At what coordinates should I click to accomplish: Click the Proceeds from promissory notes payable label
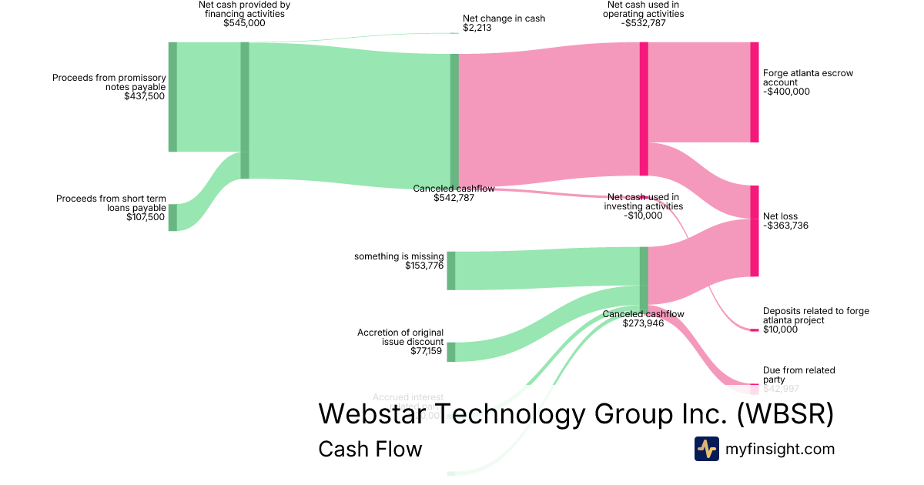tap(109, 82)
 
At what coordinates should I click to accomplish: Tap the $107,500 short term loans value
tap(146, 217)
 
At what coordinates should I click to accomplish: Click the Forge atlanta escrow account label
tap(808, 78)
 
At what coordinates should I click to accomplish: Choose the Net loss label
tap(780, 216)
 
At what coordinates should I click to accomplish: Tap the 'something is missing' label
tap(399, 256)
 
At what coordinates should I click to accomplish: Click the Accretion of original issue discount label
tap(400, 337)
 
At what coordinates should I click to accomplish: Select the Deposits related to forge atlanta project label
tap(815, 316)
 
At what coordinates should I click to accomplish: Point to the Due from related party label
tap(798, 375)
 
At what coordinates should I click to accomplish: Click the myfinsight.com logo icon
tap(706, 449)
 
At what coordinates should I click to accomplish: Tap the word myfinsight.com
tap(780, 449)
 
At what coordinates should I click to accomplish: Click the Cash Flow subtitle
tap(370, 449)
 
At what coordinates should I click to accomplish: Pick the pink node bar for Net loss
tap(754, 231)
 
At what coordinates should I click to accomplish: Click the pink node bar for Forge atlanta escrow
tap(754, 92)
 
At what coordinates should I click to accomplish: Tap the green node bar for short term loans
tap(172, 217)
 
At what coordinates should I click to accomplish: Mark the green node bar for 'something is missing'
tap(451, 270)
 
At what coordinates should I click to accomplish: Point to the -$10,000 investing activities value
tap(643, 216)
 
